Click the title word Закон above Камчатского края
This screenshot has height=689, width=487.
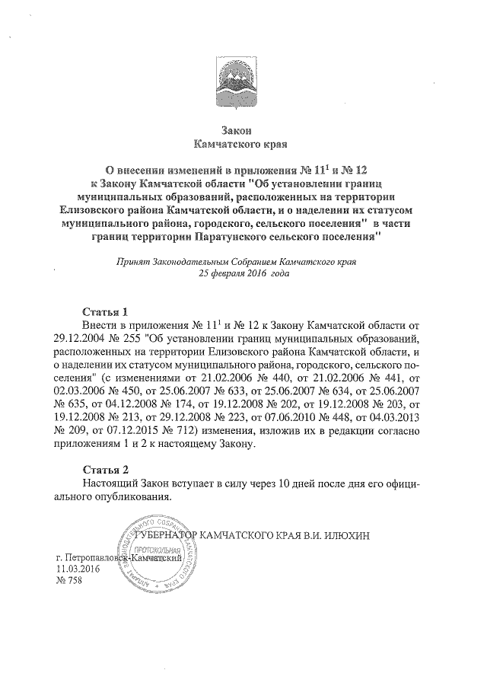(243, 129)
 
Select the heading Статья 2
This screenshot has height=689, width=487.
(106, 468)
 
